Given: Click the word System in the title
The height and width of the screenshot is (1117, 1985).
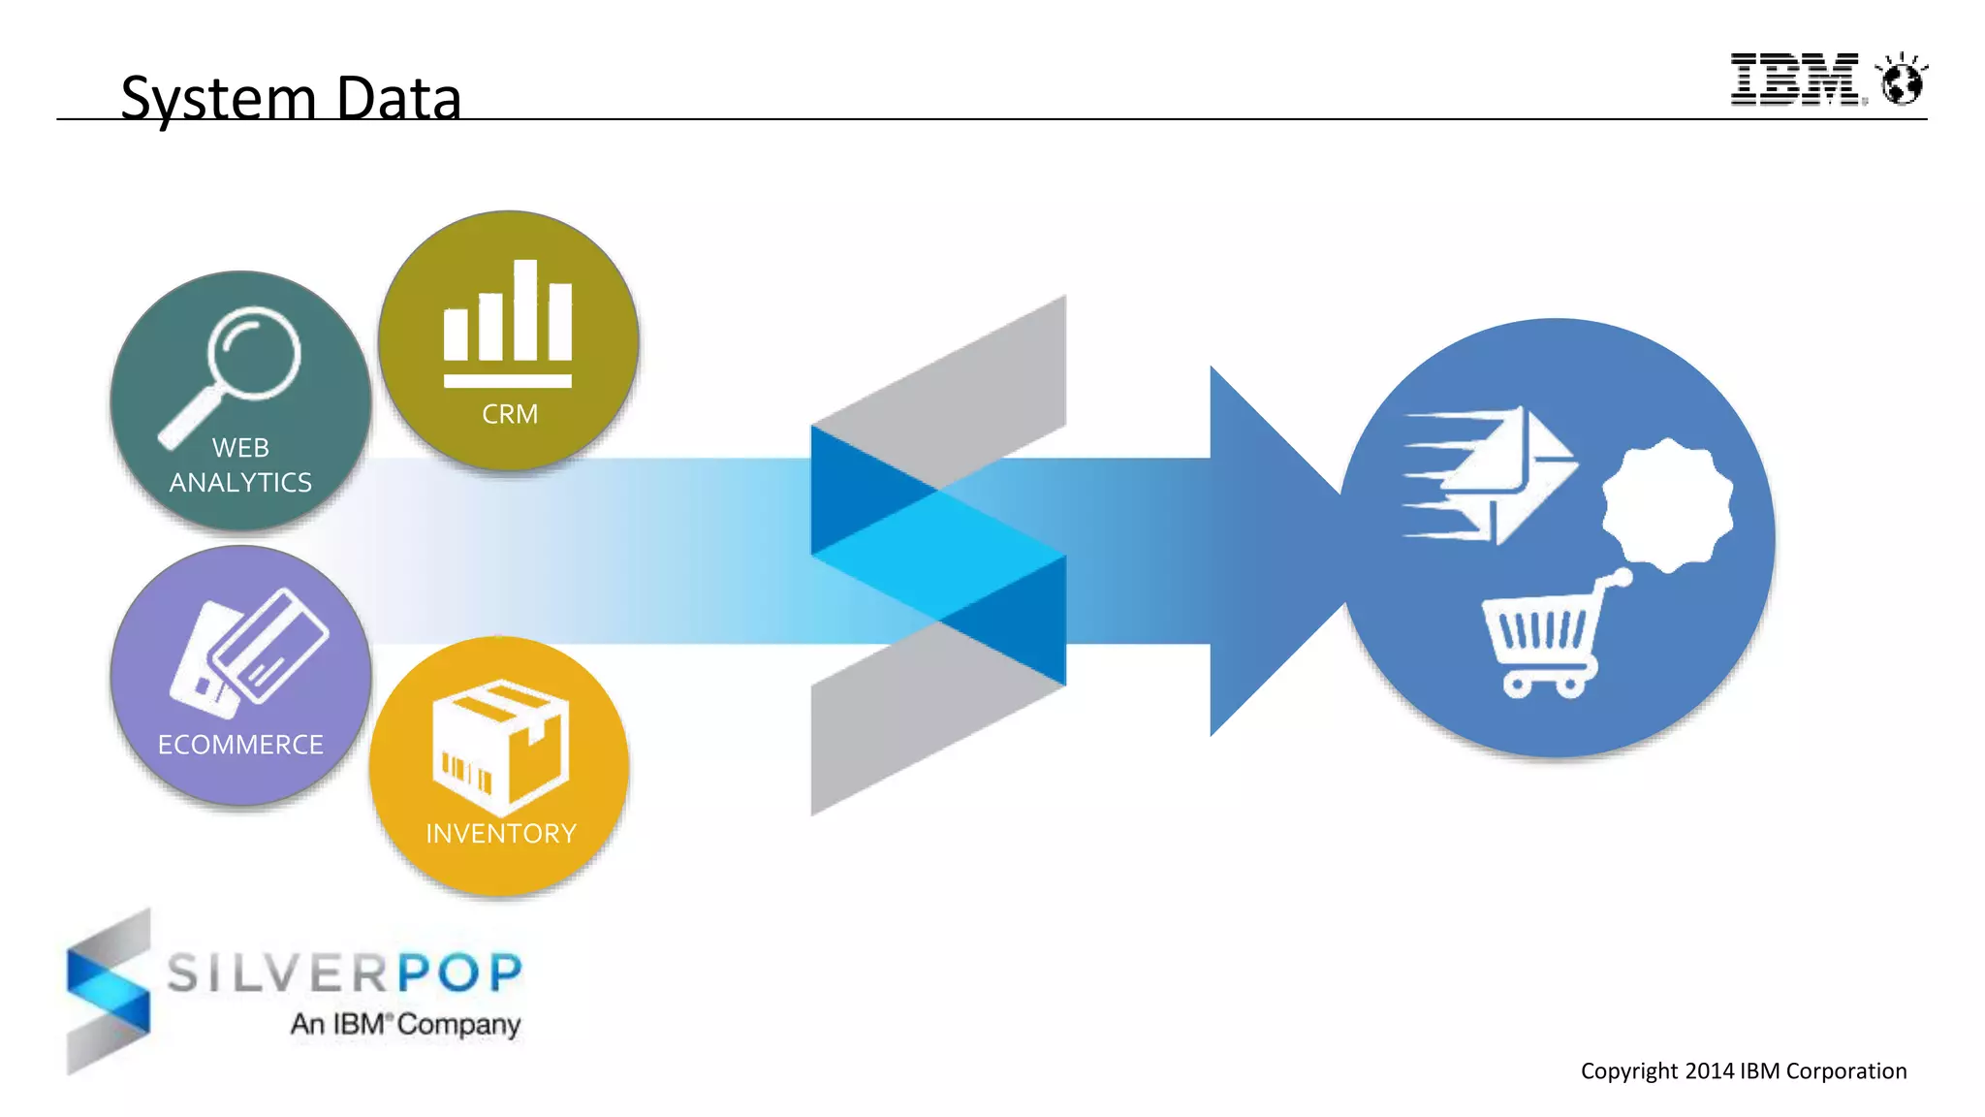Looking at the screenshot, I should (219, 99).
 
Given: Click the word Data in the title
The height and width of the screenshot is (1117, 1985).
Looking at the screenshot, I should (398, 99).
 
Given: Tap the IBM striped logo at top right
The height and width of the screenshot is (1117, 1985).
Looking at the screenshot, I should (1794, 80).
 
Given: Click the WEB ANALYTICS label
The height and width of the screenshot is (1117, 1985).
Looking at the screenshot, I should (240, 465).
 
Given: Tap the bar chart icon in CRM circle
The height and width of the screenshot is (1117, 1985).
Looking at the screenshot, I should (508, 324).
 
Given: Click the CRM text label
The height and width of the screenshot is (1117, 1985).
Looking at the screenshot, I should (510, 414).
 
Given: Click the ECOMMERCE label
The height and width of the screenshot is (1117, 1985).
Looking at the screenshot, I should (240, 745).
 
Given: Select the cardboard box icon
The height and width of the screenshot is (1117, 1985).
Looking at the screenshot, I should (499, 746).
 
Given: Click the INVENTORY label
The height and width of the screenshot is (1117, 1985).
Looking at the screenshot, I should (501, 834).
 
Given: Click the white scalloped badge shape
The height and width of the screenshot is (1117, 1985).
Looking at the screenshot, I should (1667, 505).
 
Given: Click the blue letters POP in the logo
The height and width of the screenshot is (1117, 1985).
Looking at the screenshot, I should (459, 973).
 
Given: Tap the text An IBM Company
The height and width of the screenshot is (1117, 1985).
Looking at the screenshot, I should (405, 1024).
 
